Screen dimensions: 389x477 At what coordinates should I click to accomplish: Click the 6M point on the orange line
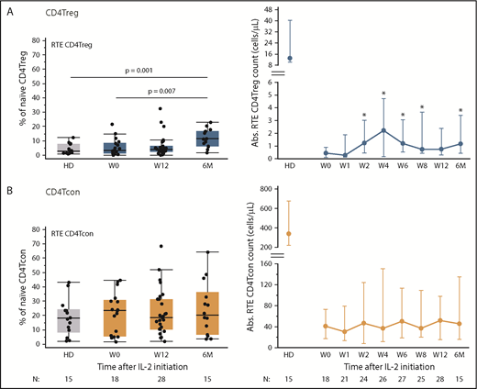click(x=459, y=324)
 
